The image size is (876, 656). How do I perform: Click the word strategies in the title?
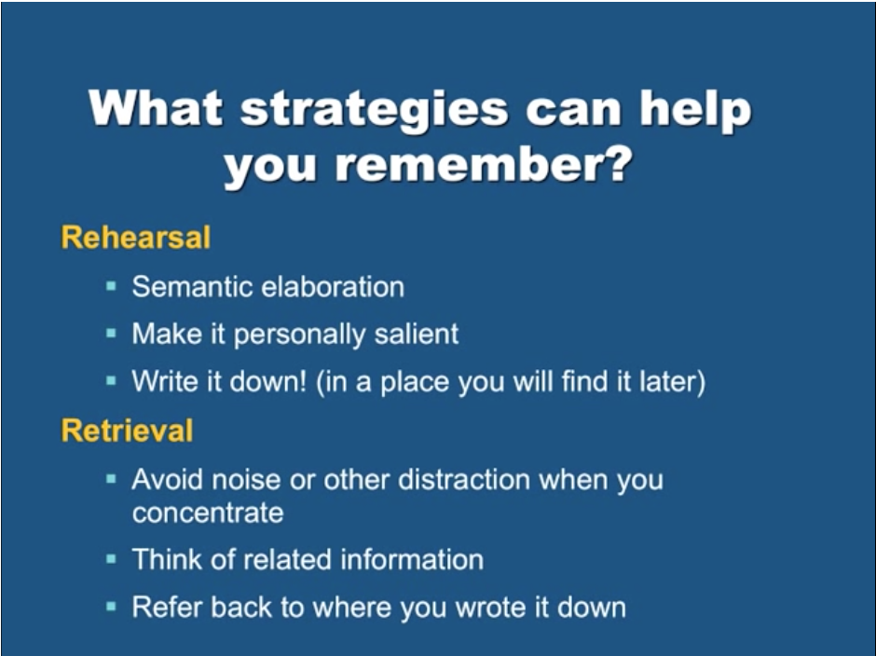tap(375, 110)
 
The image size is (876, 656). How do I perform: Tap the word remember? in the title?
tap(484, 165)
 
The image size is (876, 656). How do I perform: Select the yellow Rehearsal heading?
tap(136, 237)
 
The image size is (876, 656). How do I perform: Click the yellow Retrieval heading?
tap(127, 430)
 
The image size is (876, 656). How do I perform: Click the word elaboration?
tap(333, 287)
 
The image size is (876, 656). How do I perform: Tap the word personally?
tap(299, 335)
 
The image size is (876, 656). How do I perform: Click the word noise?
tap(246, 480)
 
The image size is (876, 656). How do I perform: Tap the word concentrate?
tap(208, 513)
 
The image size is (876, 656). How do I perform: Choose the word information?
tap(412, 559)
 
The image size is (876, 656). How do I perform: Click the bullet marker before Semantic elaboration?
tap(111, 287)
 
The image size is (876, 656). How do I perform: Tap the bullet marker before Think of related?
tap(111, 559)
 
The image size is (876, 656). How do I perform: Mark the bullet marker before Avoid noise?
tap(111, 479)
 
